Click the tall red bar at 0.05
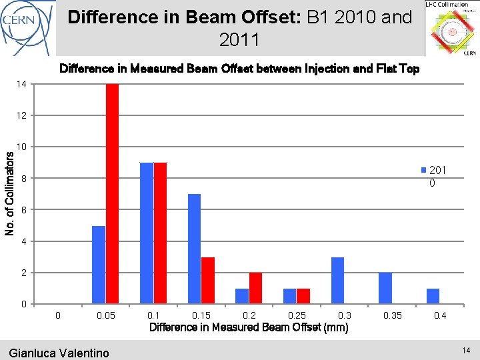click(112, 193)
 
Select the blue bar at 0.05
click(99, 265)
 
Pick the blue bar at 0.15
click(194, 249)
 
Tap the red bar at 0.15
click(208, 280)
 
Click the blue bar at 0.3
click(338, 280)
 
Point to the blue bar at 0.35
click(385, 288)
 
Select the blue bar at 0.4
click(433, 296)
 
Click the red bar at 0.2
click(255, 288)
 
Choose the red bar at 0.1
click(160, 233)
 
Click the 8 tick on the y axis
click(24, 179)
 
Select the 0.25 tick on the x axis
click(297, 315)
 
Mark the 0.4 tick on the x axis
click(440, 315)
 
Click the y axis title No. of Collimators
click(9, 193)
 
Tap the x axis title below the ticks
click(249, 327)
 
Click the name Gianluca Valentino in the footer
click(59, 353)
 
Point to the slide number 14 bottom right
click(465, 350)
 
